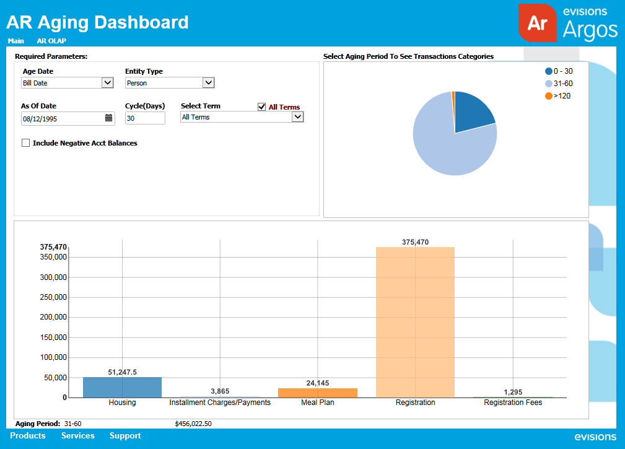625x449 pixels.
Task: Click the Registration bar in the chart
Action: click(x=415, y=322)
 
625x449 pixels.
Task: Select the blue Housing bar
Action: click(x=122, y=387)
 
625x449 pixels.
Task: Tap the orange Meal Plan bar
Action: click(x=317, y=393)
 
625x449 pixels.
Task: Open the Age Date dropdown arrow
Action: click(x=107, y=82)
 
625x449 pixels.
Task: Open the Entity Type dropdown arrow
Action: click(x=209, y=82)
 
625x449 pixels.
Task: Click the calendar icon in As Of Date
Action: click(x=108, y=118)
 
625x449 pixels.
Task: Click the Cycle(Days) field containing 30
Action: click(x=145, y=118)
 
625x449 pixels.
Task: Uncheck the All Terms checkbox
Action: click(x=261, y=107)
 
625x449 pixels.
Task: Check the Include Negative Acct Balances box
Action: click(x=26, y=143)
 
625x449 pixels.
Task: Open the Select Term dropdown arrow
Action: click(x=297, y=116)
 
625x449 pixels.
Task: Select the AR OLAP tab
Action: click(x=51, y=41)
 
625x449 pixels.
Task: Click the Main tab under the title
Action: click(x=16, y=41)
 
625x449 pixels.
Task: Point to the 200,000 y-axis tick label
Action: click(x=53, y=317)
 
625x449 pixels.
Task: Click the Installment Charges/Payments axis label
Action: click(x=220, y=403)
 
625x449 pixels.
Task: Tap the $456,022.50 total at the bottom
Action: click(x=193, y=424)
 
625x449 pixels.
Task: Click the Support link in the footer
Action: click(x=125, y=436)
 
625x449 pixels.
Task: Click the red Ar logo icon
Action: click(x=537, y=23)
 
